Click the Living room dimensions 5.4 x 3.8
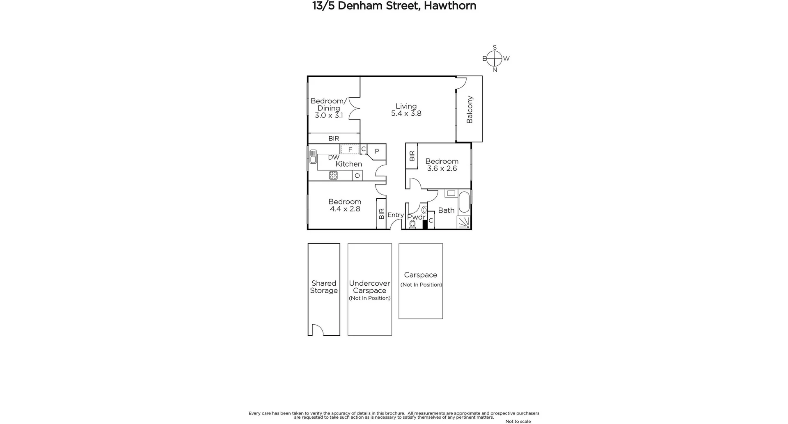406,114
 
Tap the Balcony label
470,110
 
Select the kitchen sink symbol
313,157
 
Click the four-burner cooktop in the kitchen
333,176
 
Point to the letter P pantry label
377,151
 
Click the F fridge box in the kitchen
350,150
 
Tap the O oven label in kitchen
357,176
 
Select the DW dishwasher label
334,157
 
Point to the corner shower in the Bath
464,222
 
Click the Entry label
396,215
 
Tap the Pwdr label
416,217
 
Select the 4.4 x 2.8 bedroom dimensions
345,209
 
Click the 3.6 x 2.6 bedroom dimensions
442,169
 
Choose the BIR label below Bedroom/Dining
334,139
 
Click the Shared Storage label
324,287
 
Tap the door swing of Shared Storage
317,330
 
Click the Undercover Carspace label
369,287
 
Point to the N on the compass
495,70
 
